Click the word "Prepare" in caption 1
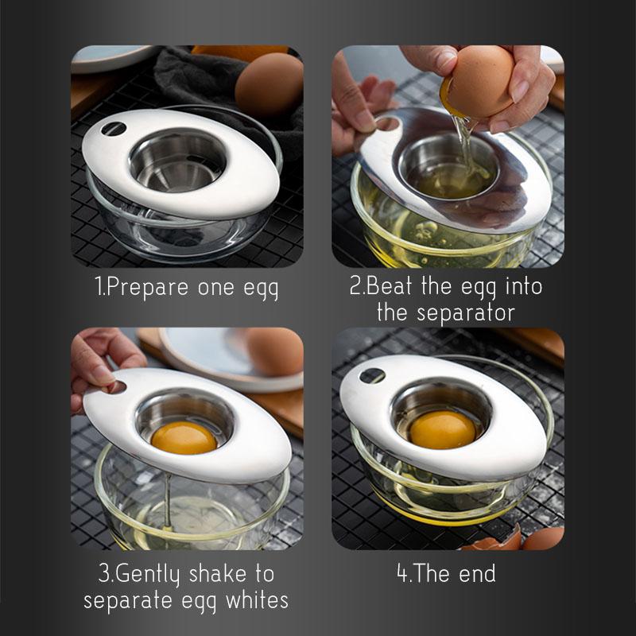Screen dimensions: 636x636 pos(148,288)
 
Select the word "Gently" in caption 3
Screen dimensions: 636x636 pos(147,574)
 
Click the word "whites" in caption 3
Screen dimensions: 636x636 pos(257,600)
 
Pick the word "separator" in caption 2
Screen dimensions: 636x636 pos(466,313)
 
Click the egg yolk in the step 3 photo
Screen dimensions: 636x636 pos(184,438)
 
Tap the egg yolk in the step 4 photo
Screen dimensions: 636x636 pos(443,429)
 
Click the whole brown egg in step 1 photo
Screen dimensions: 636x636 pos(269,84)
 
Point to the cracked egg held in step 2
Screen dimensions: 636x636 pos(479,83)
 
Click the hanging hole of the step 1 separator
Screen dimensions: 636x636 pos(114,129)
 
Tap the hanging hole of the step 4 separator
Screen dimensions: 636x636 pos(372,376)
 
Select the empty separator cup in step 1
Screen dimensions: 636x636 pos(177,161)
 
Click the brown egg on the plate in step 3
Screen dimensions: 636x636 pos(273,351)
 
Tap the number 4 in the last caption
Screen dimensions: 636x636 pos(402,573)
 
